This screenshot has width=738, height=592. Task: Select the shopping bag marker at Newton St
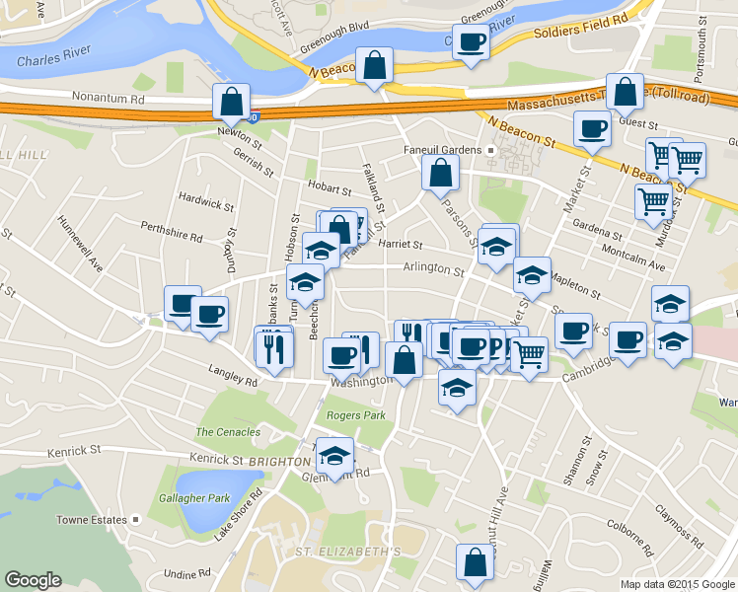click(x=231, y=103)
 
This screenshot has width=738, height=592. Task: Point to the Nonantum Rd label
click(x=109, y=99)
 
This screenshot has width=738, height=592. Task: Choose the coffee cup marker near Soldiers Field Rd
click(x=471, y=42)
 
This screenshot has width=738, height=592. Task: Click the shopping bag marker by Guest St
click(x=626, y=93)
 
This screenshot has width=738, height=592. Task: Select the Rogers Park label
click(x=355, y=415)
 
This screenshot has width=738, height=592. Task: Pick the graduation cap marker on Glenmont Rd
click(x=334, y=456)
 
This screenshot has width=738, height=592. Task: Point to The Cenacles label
click(x=228, y=432)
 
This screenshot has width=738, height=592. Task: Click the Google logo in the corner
click(x=33, y=580)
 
